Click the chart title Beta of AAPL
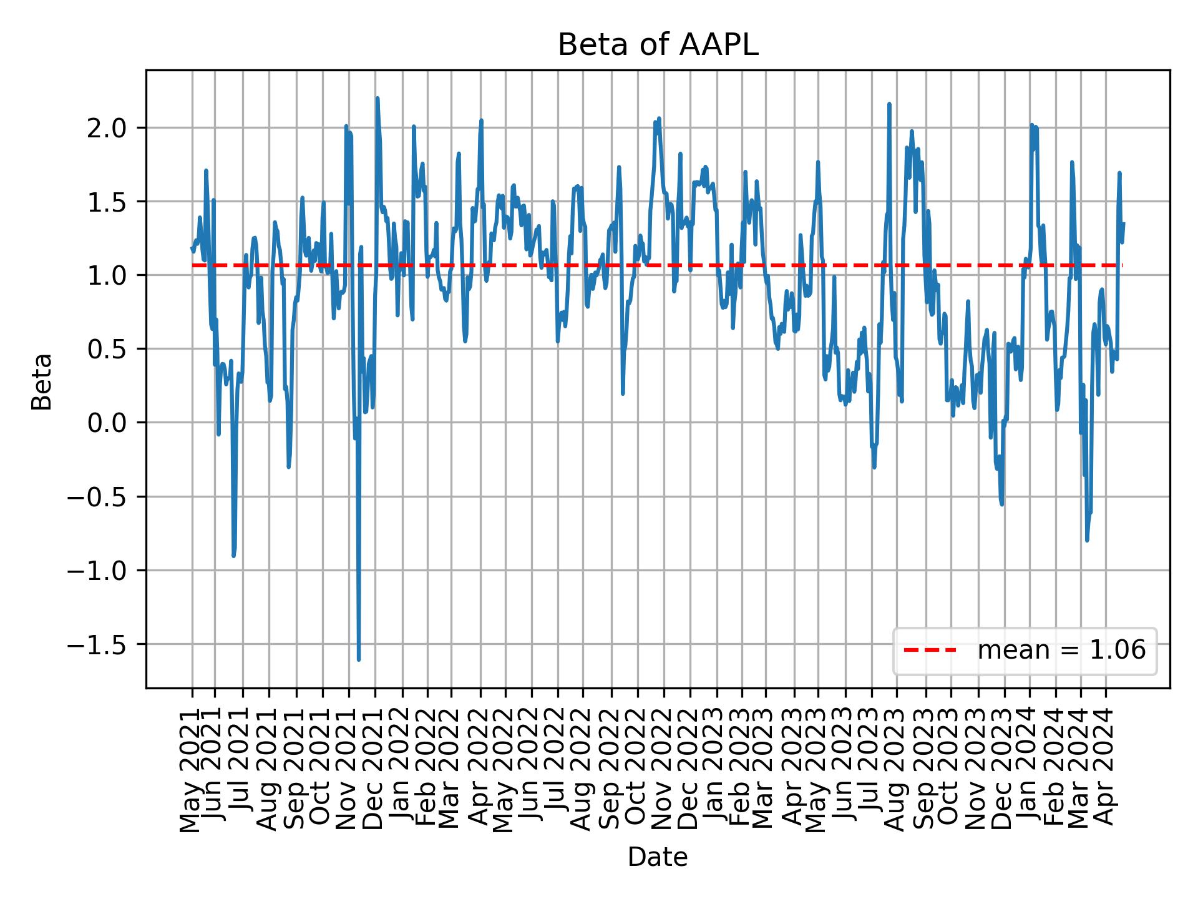pyautogui.click(x=658, y=46)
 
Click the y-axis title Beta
pyautogui.click(x=42, y=381)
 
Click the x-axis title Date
pyautogui.click(x=658, y=858)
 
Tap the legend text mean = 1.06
pyautogui.click(x=1061, y=651)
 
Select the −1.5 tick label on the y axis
pyautogui.click(x=101, y=644)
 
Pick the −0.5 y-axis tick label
pyautogui.click(x=101, y=497)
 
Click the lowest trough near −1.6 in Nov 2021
pyautogui.click(x=359, y=659)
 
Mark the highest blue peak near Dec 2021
pyautogui.click(x=377, y=99)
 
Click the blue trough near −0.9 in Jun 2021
pyautogui.click(x=233, y=555)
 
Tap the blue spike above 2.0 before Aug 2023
pyautogui.click(x=889, y=104)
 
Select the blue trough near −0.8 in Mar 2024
pyautogui.click(x=1087, y=540)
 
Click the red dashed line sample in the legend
pyautogui.click(x=930, y=651)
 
